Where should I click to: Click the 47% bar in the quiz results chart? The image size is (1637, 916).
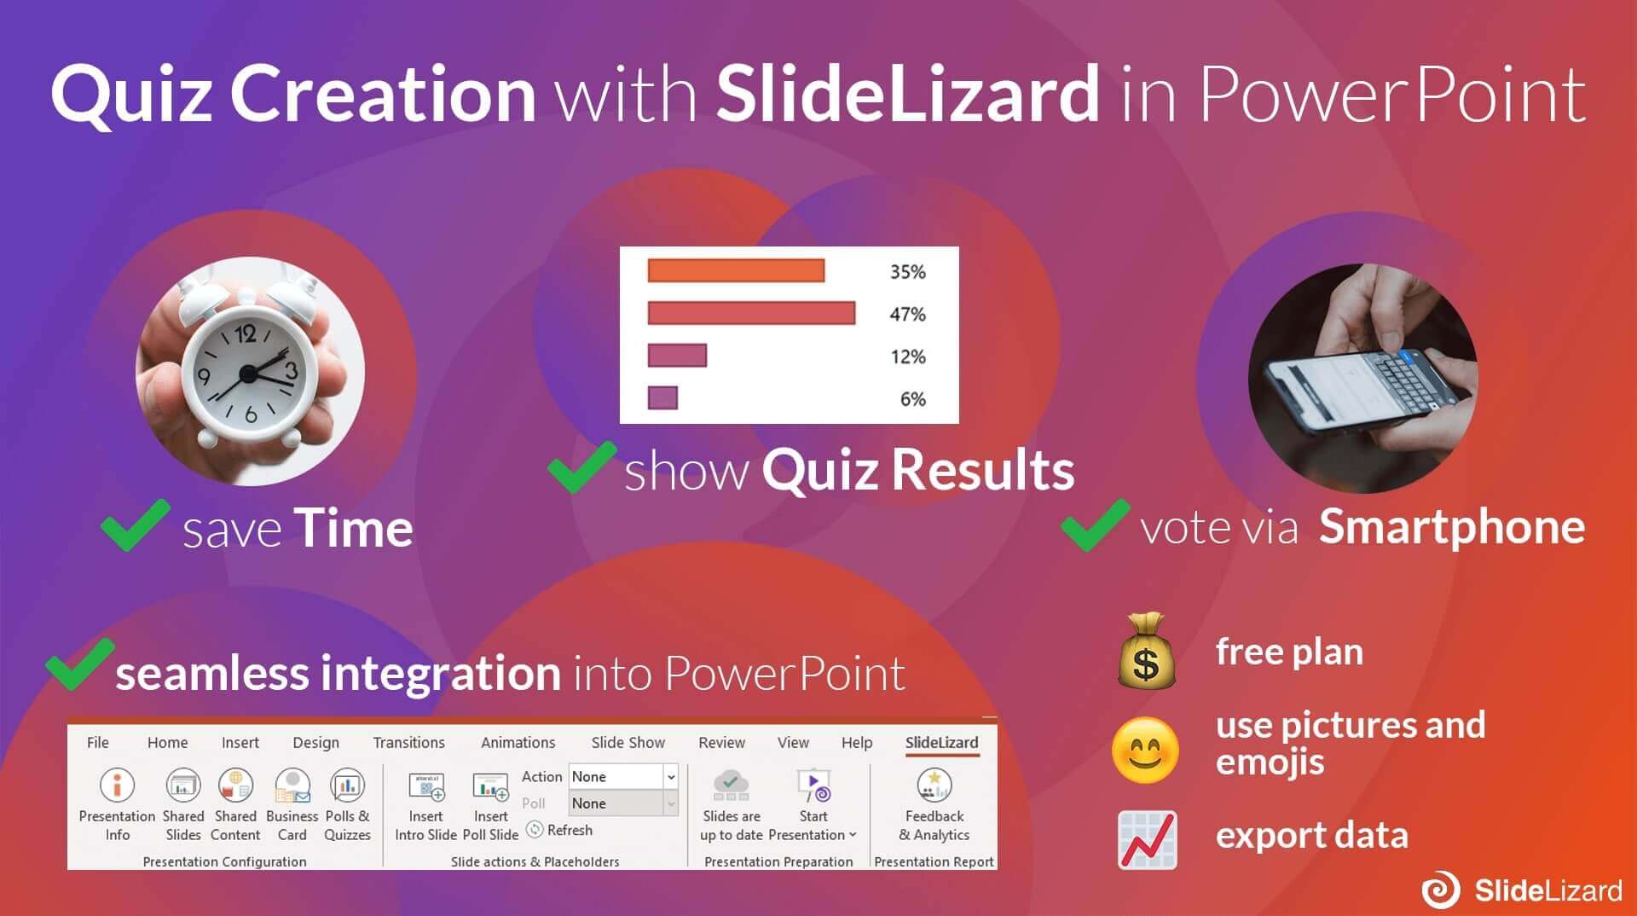click(x=750, y=313)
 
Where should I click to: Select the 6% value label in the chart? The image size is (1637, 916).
click(x=912, y=398)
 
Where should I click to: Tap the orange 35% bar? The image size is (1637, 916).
click(x=736, y=270)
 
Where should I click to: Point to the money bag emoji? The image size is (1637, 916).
click(x=1147, y=651)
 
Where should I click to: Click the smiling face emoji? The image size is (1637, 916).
click(x=1145, y=751)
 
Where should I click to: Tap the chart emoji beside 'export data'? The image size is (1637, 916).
click(x=1147, y=840)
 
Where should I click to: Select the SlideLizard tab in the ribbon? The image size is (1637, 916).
click(x=941, y=742)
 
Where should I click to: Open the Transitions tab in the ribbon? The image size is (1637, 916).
click(x=408, y=742)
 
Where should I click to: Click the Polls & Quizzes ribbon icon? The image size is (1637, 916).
click(x=347, y=786)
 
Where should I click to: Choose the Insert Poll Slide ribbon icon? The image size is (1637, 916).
click(x=490, y=786)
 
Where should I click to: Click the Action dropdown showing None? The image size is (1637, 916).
click(x=623, y=776)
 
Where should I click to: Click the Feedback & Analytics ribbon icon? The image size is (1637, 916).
click(x=934, y=786)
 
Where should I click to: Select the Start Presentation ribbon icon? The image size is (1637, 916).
click(x=813, y=786)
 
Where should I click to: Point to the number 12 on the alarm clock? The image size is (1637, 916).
click(x=246, y=333)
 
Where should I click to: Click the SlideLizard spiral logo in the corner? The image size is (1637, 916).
click(x=1440, y=890)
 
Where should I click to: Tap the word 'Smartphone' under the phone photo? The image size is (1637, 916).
click(x=1451, y=526)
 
